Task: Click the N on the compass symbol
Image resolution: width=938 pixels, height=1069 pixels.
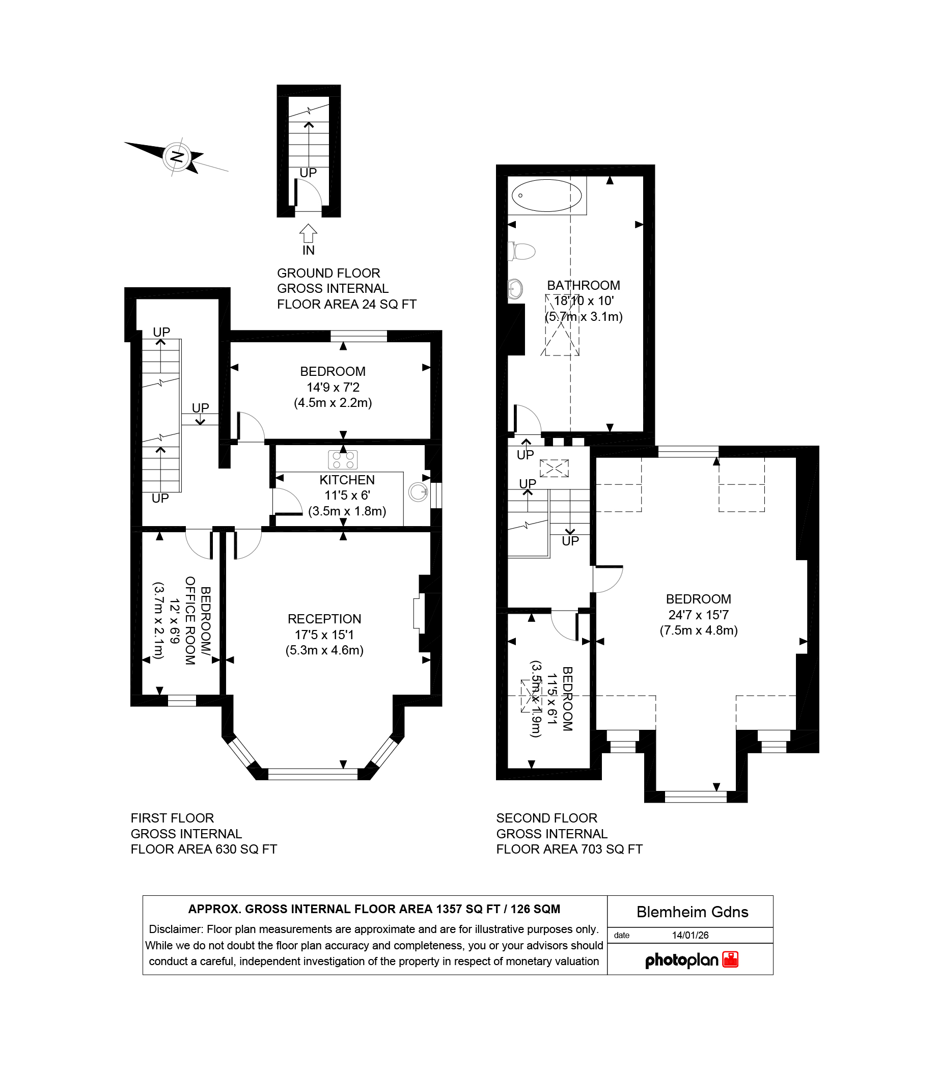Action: tap(177, 156)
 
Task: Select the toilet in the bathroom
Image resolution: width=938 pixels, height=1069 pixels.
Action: tap(522, 252)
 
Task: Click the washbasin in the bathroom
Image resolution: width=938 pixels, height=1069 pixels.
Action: tap(515, 288)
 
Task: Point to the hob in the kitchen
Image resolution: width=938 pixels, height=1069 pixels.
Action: tap(343, 460)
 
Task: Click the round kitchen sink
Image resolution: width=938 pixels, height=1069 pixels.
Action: tap(417, 492)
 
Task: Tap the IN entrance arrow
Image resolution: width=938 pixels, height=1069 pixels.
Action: tap(308, 234)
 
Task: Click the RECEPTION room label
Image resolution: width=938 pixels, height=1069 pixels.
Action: tap(324, 619)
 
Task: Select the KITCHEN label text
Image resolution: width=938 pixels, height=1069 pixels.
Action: tap(347, 480)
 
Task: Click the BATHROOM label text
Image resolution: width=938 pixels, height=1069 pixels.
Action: tap(583, 286)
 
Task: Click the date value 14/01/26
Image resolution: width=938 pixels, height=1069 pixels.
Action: tap(690, 935)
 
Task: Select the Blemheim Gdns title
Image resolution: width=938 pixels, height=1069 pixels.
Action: tap(692, 912)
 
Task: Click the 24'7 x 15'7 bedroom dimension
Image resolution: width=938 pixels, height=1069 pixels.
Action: tap(698, 615)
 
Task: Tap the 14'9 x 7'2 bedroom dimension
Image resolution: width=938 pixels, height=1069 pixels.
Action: tap(333, 387)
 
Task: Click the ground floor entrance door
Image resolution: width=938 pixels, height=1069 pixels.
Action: tap(309, 195)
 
